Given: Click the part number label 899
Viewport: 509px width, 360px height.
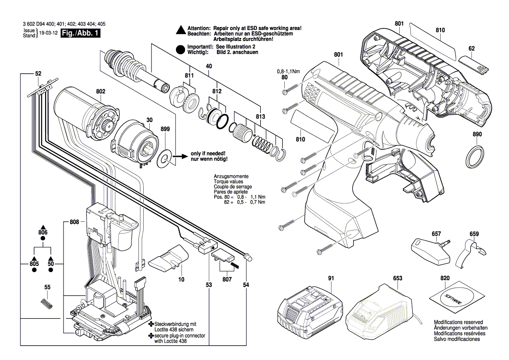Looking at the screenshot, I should pyautogui.click(x=165, y=129).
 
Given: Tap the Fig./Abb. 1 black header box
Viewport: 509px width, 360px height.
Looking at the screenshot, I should pyautogui.click(x=81, y=34).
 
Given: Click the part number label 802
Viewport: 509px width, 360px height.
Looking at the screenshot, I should pyautogui.click(x=101, y=92).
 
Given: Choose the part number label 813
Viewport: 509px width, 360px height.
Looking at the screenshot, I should pyautogui.click(x=260, y=116).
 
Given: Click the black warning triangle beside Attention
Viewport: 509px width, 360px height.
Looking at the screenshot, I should pyautogui.click(x=181, y=31).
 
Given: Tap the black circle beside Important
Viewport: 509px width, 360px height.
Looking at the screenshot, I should pyautogui.click(x=181, y=49).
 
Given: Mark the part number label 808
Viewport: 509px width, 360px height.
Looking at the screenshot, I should pyautogui.click(x=74, y=222).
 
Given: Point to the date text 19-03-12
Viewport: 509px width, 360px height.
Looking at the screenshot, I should pyautogui.click(x=48, y=34).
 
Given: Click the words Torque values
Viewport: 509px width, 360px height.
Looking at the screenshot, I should pyautogui.click(x=228, y=182).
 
